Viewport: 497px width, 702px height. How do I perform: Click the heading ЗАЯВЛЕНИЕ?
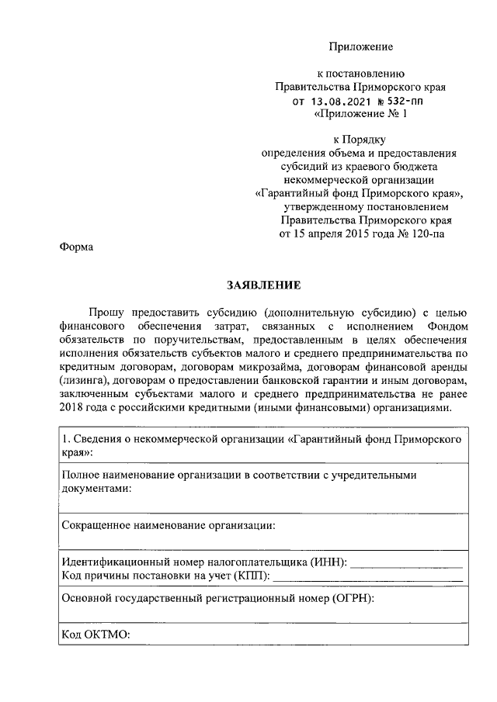click(262, 285)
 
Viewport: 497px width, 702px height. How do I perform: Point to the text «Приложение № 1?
click(359, 115)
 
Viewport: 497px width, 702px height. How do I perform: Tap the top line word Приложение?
click(360, 47)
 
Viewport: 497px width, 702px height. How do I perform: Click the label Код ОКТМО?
click(96, 635)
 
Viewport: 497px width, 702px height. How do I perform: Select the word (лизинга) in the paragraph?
click(83, 380)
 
